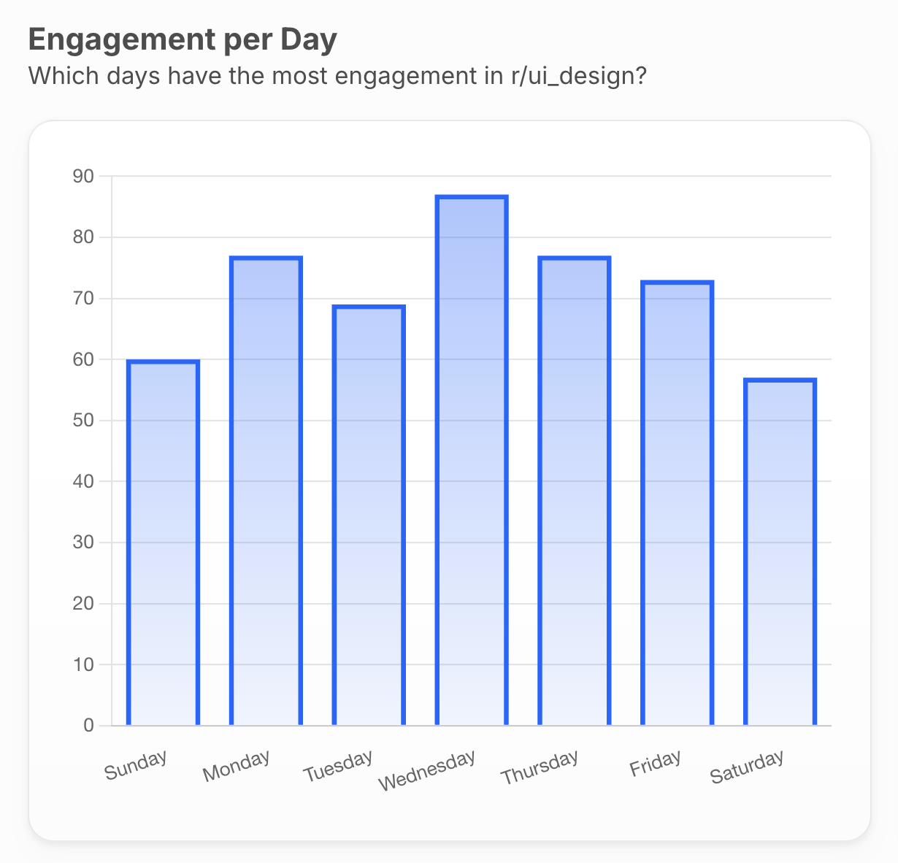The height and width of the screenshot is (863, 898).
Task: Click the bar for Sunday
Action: (x=163, y=543)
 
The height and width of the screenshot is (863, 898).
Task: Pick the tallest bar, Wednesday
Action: (x=472, y=461)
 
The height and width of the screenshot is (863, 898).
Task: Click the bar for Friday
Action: (x=677, y=503)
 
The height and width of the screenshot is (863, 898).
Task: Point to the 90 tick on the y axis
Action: (x=83, y=176)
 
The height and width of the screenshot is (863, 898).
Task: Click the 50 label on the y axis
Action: (x=83, y=421)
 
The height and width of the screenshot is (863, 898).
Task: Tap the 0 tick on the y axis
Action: (x=88, y=725)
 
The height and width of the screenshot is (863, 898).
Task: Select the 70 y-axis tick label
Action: (x=83, y=299)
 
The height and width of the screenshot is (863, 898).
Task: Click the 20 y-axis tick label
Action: (x=83, y=604)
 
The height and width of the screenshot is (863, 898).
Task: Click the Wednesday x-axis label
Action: (x=427, y=770)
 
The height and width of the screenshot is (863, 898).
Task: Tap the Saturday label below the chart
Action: (x=747, y=767)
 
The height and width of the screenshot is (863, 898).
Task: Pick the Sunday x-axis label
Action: (x=136, y=765)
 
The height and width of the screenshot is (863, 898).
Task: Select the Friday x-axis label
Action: (x=655, y=764)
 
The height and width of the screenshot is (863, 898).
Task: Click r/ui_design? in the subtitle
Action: (x=579, y=75)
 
